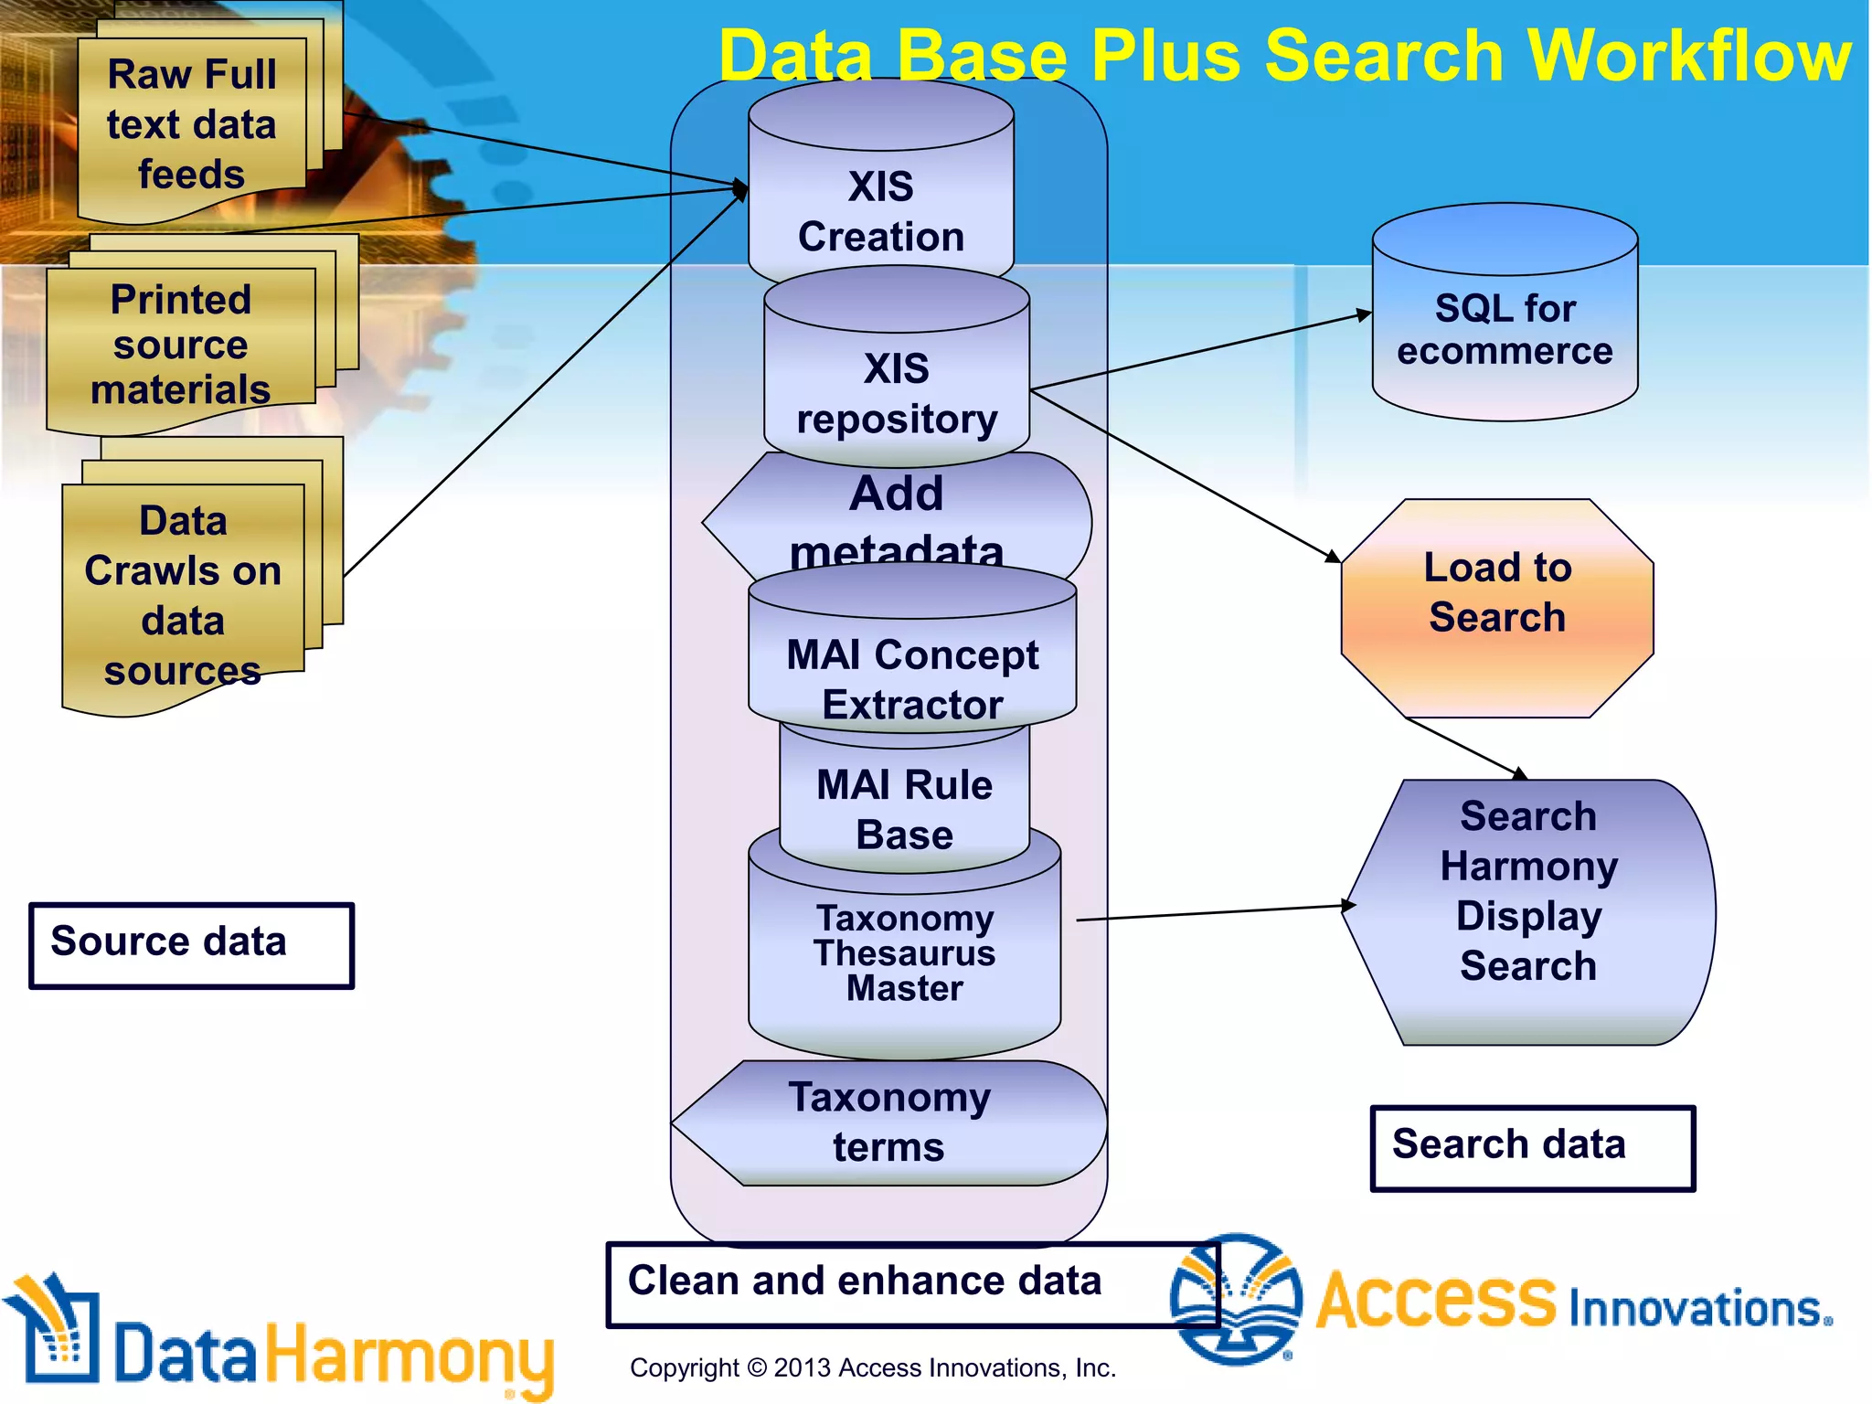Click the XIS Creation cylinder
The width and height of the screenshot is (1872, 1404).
[x=880, y=210]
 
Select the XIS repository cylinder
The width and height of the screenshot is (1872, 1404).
[x=896, y=393]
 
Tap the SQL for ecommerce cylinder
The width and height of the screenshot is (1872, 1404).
[x=1505, y=329]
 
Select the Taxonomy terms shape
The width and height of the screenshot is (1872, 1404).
[x=888, y=1122]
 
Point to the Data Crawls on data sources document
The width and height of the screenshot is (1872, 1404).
[x=183, y=594]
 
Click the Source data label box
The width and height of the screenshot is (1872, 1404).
[x=191, y=945]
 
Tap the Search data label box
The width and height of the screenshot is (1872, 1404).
[x=1533, y=1148]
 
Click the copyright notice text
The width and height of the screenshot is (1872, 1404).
[x=872, y=1368]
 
